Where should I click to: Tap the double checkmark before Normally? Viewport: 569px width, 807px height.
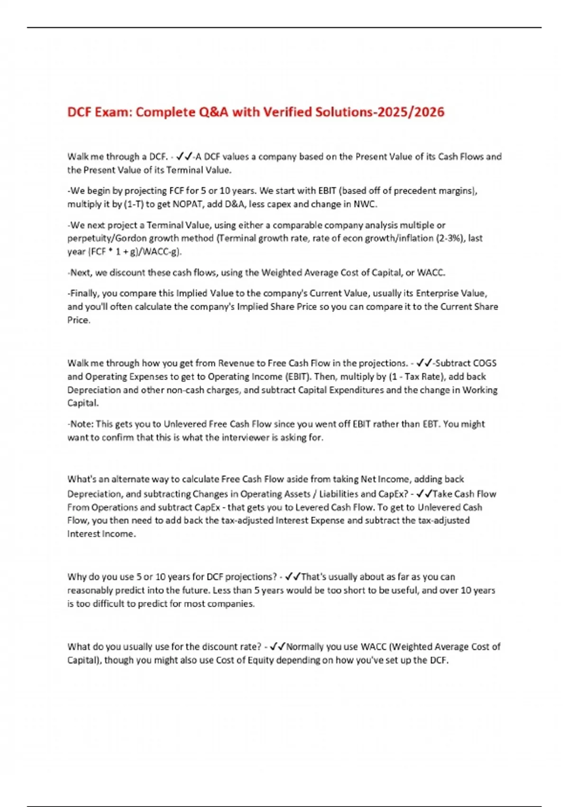click(277, 647)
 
